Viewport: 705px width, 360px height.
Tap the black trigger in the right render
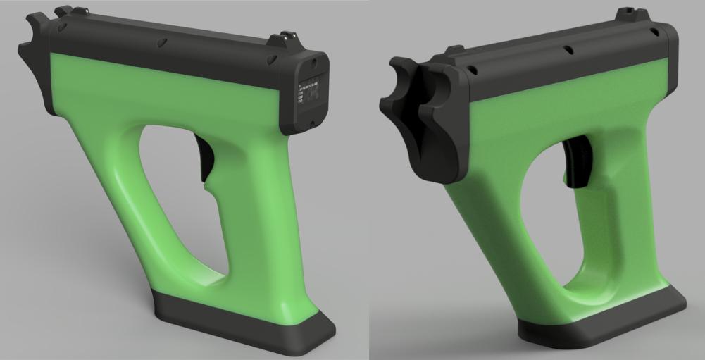point(577,162)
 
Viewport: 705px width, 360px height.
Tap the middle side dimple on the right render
point(566,50)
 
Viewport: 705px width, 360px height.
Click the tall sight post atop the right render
point(623,13)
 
